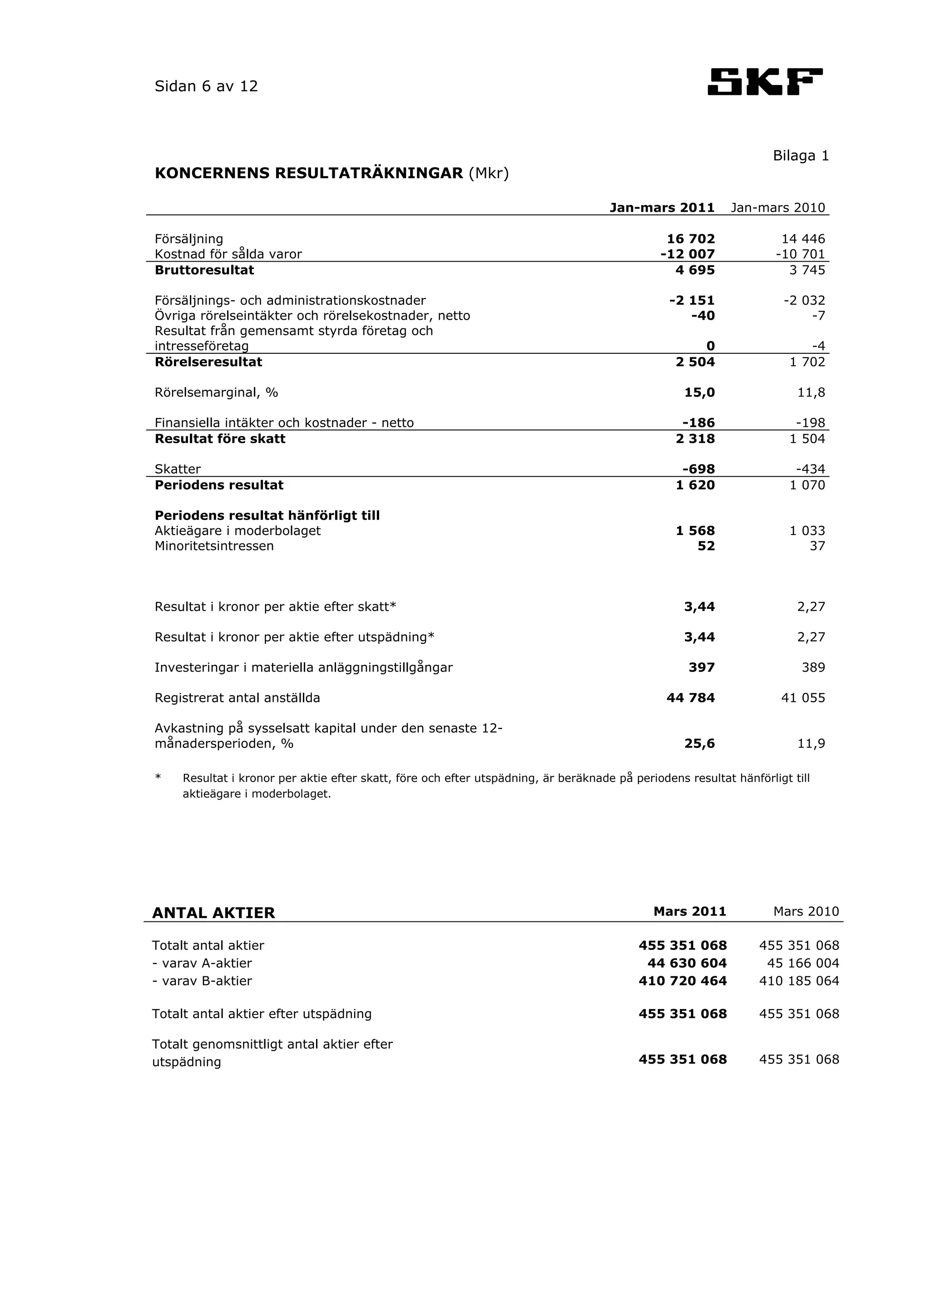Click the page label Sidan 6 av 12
coord(206,87)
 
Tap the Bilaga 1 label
coord(801,156)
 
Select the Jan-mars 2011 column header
coord(662,208)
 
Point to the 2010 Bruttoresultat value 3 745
coord(807,270)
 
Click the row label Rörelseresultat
coord(208,362)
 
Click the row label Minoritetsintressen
coord(214,546)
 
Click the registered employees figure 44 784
coord(691,698)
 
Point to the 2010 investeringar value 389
coord(813,668)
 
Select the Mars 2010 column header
coord(806,911)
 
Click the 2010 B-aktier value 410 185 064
coord(799,981)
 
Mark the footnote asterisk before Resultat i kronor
coord(158,778)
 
